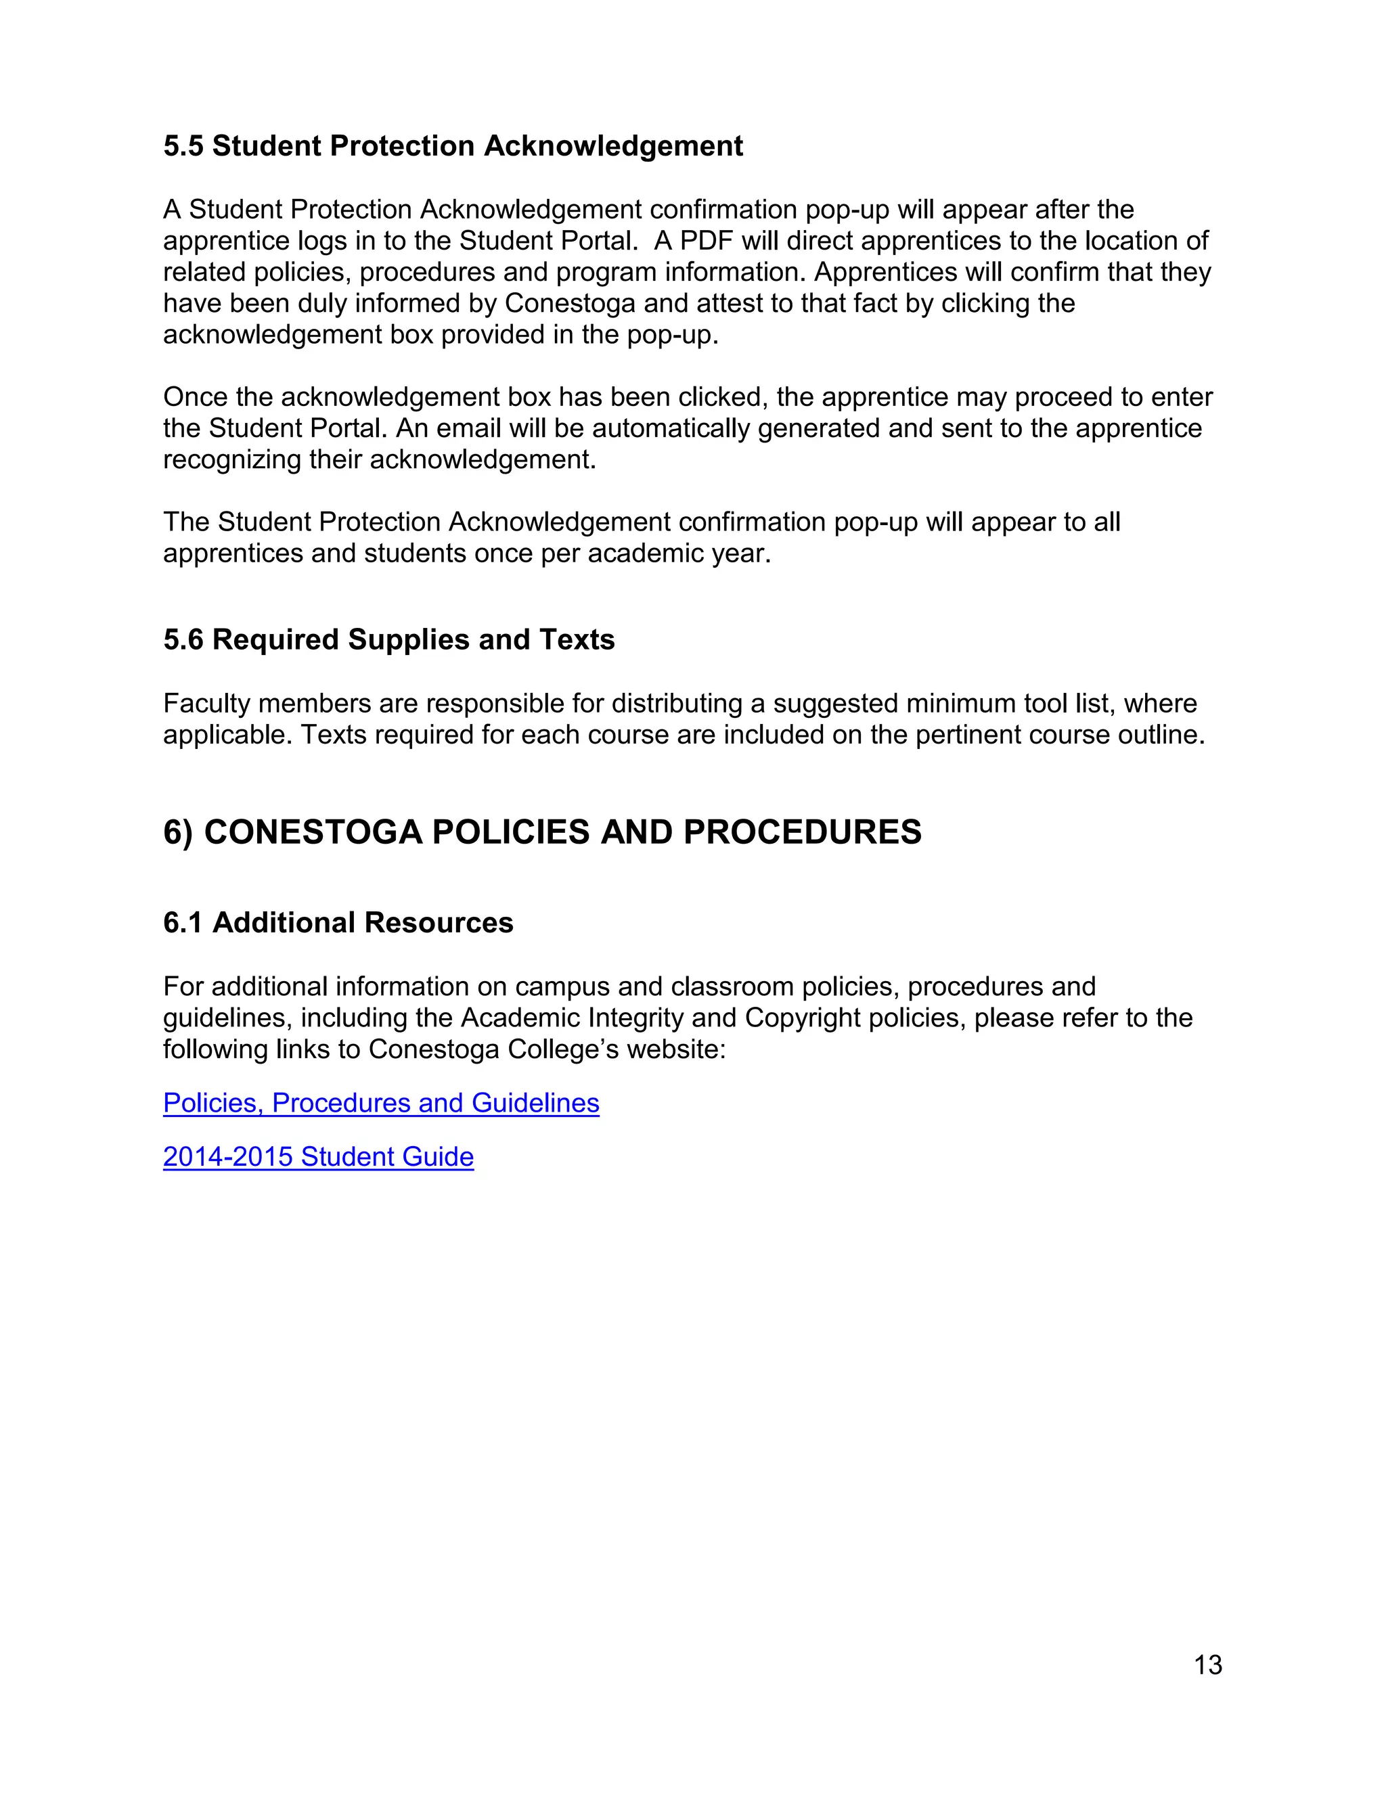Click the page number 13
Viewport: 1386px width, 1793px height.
[1208, 1664]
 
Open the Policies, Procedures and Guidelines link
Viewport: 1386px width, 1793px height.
[381, 1103]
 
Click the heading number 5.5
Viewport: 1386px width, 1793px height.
[183, 146]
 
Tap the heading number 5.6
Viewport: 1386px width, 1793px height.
[183, 639]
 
